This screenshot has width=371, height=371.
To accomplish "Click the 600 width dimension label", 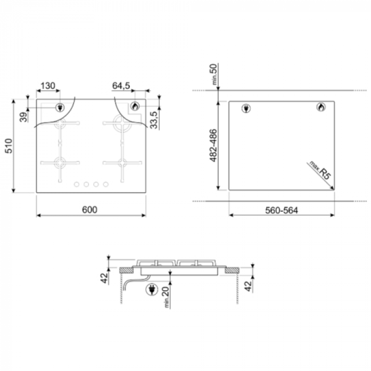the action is tap(89, 210).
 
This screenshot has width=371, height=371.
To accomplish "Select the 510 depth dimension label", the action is tap(9, 146).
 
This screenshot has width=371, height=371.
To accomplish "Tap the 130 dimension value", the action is tap(48, 86).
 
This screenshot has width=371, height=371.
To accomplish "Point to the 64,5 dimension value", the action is tap(121, 86).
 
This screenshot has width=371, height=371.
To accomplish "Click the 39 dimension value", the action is tap(23, 117).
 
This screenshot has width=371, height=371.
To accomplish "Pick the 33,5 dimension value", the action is tap(154, 120).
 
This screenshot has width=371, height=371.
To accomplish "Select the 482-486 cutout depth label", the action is tap(213, 145).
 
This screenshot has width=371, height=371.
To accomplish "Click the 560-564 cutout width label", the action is tap(282, 210).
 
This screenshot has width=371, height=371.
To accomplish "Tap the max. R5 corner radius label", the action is tap(320, 170).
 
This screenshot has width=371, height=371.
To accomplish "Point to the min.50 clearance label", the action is tap(213, 75).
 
